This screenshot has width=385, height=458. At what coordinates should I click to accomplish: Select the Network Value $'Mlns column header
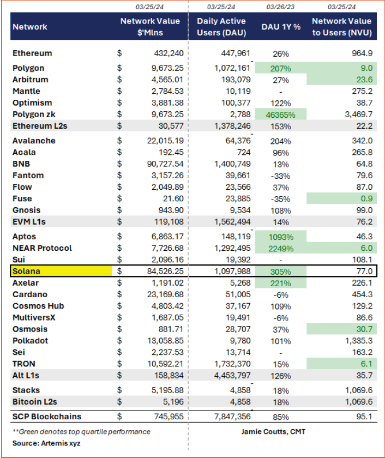click(x=150, y=27)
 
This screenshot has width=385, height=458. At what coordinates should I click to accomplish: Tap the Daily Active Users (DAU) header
click(x=221, y=27)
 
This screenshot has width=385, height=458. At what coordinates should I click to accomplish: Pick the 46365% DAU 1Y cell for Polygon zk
click(x=280, y=114)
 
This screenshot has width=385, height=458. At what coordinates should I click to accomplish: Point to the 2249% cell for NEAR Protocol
click(x=280, y=248)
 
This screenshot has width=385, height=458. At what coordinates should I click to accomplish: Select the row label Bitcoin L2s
click(x=35, y=402)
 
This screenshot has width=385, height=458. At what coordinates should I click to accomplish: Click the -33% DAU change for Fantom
click(x=280, y=176)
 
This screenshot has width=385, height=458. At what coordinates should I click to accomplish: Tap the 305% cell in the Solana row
click(x=280, y=271)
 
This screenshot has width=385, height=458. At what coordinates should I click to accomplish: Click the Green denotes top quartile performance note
click(x=81, y=432)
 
